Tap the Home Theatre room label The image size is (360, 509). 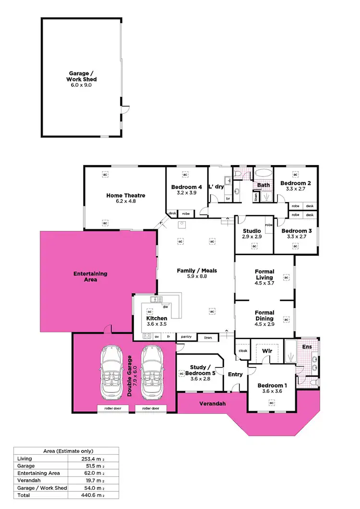[x=125, y=196]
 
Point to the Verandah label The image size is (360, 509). [x=213, y=403]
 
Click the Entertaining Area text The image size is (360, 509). [x=90, y=276]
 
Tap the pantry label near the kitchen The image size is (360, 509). [x=186, y=337]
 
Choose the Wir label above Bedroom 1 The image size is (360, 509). [x=267, y=351]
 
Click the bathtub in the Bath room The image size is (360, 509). [x=263, y=173]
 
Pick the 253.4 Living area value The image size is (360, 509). [x=92, y=459]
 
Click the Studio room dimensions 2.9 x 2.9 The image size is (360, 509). [x=252, y=237]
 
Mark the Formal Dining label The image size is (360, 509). [x=264, y=316]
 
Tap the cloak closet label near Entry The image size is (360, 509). [x=242, y=351]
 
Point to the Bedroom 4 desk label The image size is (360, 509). [x=172, y=213]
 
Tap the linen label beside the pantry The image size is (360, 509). [x=207, y=338]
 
